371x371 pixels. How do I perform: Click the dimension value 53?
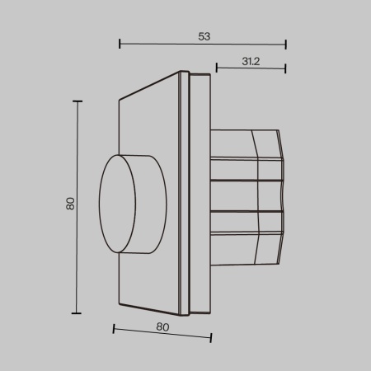pos(204,36)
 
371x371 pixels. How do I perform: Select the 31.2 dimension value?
pos(252,60)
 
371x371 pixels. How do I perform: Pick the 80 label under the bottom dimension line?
pos(162,327)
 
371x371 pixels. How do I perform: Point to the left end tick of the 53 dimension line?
pos(120,44)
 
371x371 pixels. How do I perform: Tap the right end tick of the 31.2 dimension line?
pos(285,68)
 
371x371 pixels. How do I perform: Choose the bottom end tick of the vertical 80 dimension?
pos(78,313)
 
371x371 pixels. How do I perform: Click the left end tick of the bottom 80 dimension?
pos(112,329)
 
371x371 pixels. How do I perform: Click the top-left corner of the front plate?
pos(120,99)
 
